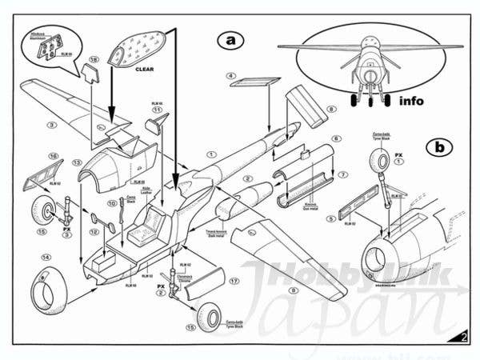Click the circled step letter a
click(230, 40)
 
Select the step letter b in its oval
click(437, 146)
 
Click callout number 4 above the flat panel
click(230, 77)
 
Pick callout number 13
click(78, 163)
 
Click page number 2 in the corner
click(465, 337)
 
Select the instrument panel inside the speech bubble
click(49, 49)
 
